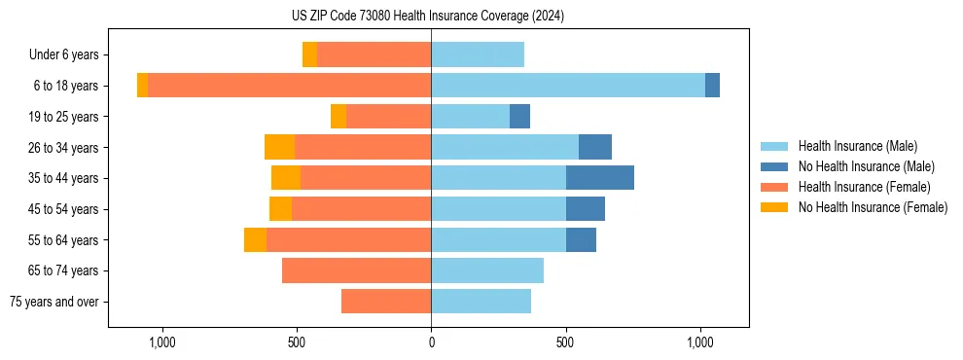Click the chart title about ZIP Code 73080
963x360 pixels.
(427, 17)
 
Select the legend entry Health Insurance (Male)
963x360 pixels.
(857, 146)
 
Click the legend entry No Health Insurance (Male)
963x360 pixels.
(866, 166)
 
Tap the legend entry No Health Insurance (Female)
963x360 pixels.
(872, 207)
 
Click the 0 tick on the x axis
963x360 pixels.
(431, 342)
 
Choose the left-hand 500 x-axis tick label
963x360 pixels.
(297, 342)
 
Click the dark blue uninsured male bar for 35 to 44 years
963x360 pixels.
(599, 178)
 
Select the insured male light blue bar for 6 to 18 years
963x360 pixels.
(568, 86)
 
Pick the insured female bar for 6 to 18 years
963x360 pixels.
(289, 86)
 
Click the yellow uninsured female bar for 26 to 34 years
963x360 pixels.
(279, 147)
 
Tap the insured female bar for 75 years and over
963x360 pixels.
(386, 302)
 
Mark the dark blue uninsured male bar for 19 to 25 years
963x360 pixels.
(519, 117)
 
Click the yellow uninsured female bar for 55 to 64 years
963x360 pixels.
(255, 239)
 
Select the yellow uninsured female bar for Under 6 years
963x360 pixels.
(309, 55)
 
